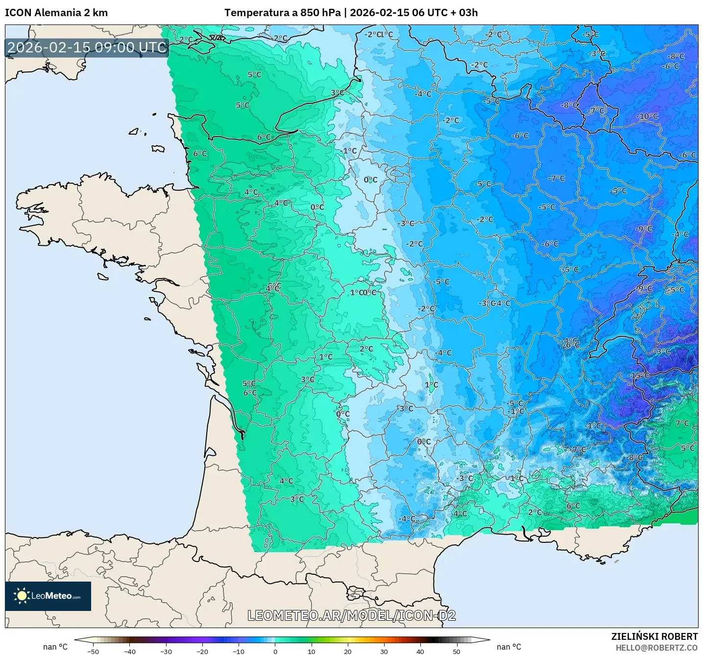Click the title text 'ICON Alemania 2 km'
(56, 13)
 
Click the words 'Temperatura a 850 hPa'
(282, 13)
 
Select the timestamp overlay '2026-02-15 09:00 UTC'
(87, 47)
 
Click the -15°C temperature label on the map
(639, 375)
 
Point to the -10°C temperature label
(647, 117)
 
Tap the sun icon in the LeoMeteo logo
(22, 596)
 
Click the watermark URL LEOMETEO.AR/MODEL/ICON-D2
(351, 615)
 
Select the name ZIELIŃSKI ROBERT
(654, 636)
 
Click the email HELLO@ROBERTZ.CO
(656, 648)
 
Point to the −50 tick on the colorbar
(93, 651)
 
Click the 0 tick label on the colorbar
(275, 651)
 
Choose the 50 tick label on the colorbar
(457, 651)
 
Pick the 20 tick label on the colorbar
(347, 651)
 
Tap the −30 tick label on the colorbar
(166, 651)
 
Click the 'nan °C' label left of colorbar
(55, 647)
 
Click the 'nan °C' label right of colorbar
(509, 647)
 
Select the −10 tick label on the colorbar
(238, 651)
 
